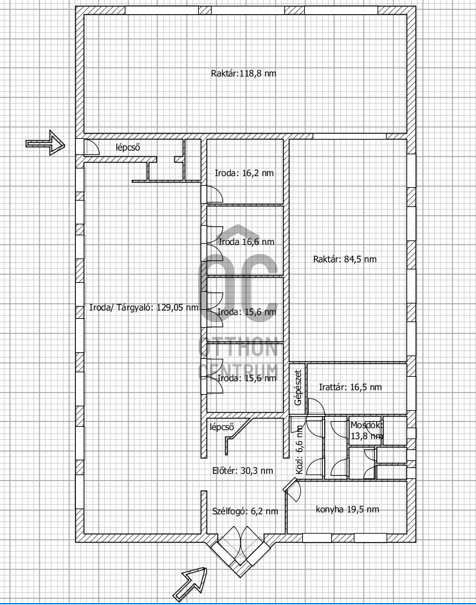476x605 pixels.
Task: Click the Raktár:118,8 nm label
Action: (244, 73)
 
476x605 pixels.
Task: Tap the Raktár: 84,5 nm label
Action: (345, 259)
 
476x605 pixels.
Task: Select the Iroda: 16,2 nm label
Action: (244, 173)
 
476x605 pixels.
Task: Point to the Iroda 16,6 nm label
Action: (246, 242)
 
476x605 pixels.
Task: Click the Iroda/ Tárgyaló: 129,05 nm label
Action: (144, 307)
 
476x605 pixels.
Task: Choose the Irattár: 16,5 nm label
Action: (350, 387)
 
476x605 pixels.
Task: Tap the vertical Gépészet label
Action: (298, 388)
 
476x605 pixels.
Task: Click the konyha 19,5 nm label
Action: (347, 509)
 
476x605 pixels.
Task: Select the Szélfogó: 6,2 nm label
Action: (245, 511)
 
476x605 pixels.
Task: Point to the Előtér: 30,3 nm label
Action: (243, 471)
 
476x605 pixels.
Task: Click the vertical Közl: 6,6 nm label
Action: (300, 449)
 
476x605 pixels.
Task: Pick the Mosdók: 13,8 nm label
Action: (367, 431)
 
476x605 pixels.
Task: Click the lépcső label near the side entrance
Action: (128, 147)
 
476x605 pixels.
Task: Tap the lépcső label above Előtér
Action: (222, 427)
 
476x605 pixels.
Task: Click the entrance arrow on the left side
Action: (45, 143)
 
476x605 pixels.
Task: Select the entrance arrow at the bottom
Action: (190, 584)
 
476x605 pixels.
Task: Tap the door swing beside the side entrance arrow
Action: (91, 147)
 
